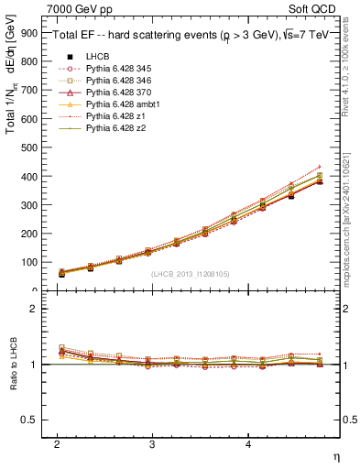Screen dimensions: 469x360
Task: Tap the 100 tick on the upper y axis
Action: click(x=29, y=262)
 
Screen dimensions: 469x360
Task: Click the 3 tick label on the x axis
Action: click(x=152, y=443)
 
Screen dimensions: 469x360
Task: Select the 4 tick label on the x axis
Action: click(x=248, y=443)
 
